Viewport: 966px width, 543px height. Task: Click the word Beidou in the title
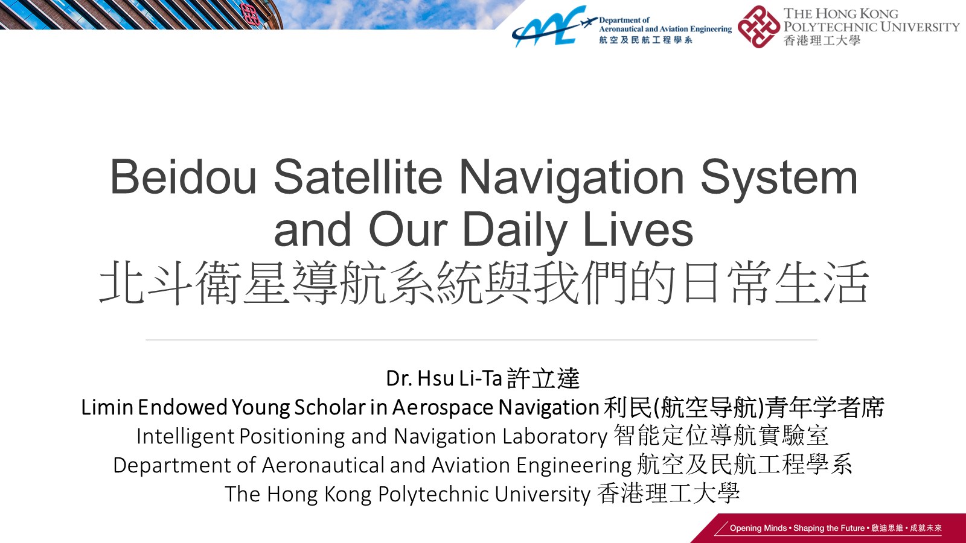184,177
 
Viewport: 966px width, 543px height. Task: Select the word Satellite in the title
358,177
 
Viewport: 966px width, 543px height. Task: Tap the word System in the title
779,179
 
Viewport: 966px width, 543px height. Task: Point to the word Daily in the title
514,232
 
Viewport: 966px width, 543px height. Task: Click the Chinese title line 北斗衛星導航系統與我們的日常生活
484,283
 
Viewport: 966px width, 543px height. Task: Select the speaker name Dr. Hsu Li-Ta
444,379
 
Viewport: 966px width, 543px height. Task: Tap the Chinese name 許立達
543,379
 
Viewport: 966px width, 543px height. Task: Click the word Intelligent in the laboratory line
185,437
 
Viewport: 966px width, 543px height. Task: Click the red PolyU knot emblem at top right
758,27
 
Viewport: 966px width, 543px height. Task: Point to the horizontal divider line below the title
481,340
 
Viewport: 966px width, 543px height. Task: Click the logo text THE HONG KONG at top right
841,14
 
